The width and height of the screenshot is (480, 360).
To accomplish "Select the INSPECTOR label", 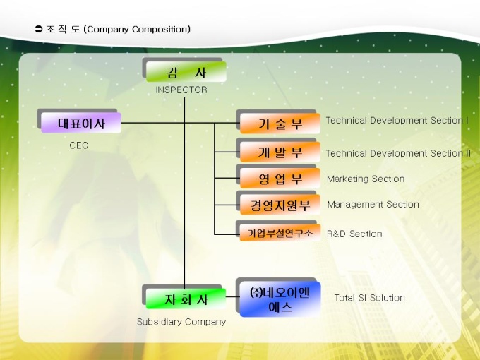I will point(181,90).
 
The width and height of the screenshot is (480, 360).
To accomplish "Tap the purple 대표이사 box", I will point(81,123).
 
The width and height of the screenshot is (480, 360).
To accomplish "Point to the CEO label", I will point(79,145).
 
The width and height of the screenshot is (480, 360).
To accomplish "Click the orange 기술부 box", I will point(280,124).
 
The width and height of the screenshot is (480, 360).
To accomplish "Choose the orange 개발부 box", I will point(280,152).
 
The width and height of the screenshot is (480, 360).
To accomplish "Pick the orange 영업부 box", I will point(280,179).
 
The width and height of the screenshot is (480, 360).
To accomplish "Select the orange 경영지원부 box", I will point(280,205).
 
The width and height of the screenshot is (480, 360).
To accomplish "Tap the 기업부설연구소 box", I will point(280,232).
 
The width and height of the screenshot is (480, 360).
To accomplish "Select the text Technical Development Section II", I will point(398,153).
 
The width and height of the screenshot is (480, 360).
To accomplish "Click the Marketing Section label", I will point(366,179).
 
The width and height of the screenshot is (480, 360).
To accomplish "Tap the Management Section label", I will point(373,205).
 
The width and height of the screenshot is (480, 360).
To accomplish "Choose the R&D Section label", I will point(354,234).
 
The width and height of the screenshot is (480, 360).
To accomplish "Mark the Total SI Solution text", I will point(370,298).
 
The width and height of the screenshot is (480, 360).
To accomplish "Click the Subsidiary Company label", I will point(181,322).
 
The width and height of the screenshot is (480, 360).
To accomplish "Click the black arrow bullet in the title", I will point(39,30).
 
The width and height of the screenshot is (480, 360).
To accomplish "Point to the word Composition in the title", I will point(161,30).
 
